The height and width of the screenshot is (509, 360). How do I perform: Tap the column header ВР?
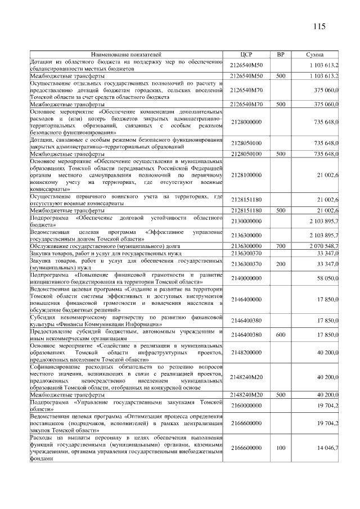point(281,54)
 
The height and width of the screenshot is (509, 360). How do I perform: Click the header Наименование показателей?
point(127,54)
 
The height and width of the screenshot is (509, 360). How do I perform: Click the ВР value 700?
point(281,246)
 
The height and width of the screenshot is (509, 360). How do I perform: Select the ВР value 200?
point(281,264)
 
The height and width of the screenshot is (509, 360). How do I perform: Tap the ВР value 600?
point(281,334)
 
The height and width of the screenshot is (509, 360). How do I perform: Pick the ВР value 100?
point(281,448)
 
